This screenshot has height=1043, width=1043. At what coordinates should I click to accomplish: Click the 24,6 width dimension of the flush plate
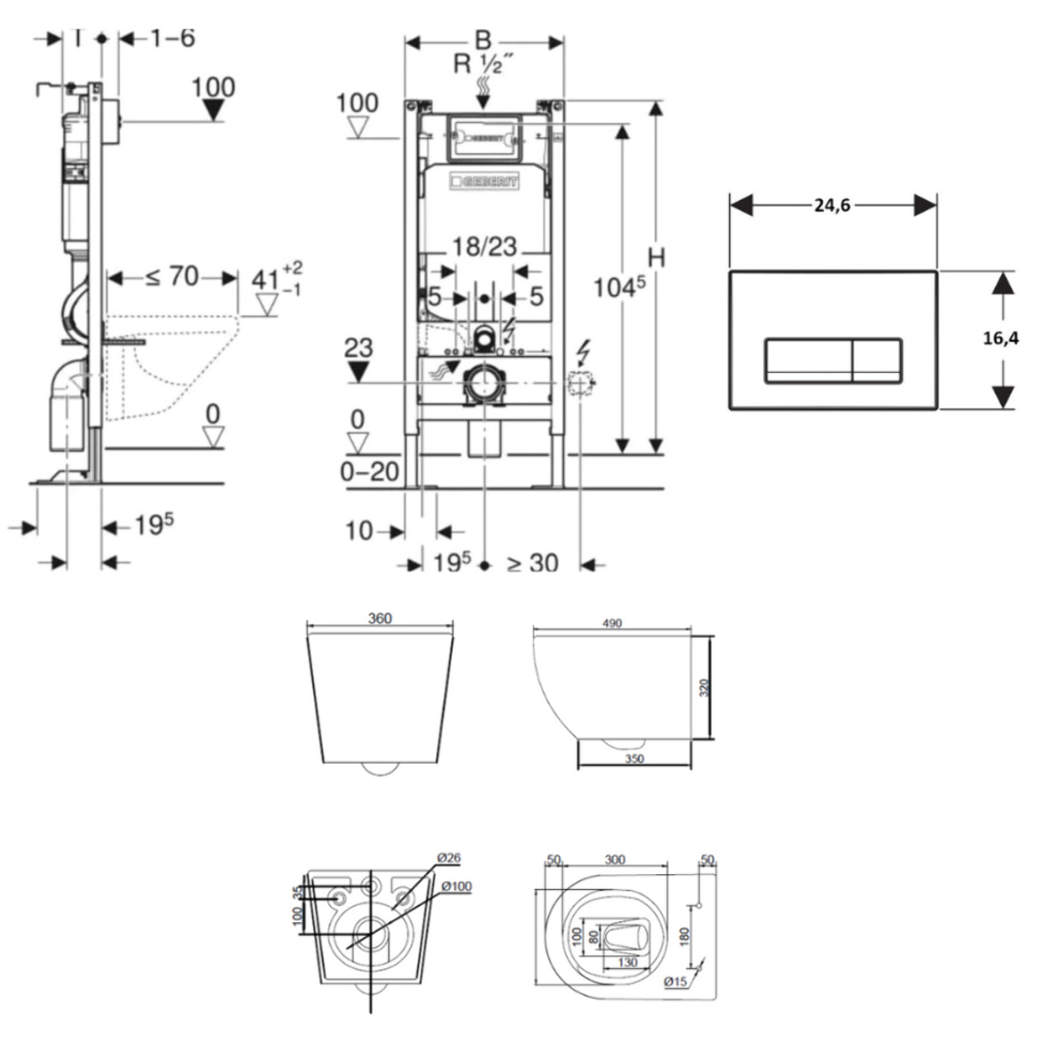pyautogui.click(x=831, y=206)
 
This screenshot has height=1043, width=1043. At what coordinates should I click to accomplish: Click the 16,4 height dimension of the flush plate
pyautogui.click(x=1000, y=338)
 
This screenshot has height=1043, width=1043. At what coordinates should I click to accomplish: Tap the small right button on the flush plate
pyautogui.click(x=878, y=361)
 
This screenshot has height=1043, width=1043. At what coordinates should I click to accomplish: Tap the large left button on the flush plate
pyautogui.click(x=808, y=361)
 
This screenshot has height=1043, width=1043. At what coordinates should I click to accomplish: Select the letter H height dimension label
pyautogui.click(x=655, y=258)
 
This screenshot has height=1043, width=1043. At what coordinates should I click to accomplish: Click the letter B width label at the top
pyautogui.click(x=483, y=39)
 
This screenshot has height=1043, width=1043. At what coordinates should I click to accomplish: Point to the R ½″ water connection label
pyautogui.click(x=484, y=63)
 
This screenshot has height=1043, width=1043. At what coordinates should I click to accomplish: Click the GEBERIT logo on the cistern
pyautogui.click(x=483, y=182)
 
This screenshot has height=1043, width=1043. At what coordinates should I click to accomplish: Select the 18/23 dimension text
pyautogui.click(x=485, y=246)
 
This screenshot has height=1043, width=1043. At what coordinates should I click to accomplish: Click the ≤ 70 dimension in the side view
pyautogui.click(x=172, y=277)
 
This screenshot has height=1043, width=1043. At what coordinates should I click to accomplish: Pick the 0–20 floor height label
pyautogui.click(x=370, y=472)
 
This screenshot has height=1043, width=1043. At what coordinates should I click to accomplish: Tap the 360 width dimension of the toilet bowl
pyautogui.click(x=379, y=619)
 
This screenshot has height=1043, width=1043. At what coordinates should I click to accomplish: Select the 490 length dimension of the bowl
pyautogui.click(x=612, y=623)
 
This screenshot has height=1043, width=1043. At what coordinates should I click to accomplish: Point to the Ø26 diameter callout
pyautogui.click(x=449, y=858)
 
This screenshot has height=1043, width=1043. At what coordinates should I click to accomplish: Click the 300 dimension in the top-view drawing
pyautogui.click(x=614, y=860)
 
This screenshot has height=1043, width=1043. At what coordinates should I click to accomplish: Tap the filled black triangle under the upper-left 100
pyautogui.click(x=214, y=110)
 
